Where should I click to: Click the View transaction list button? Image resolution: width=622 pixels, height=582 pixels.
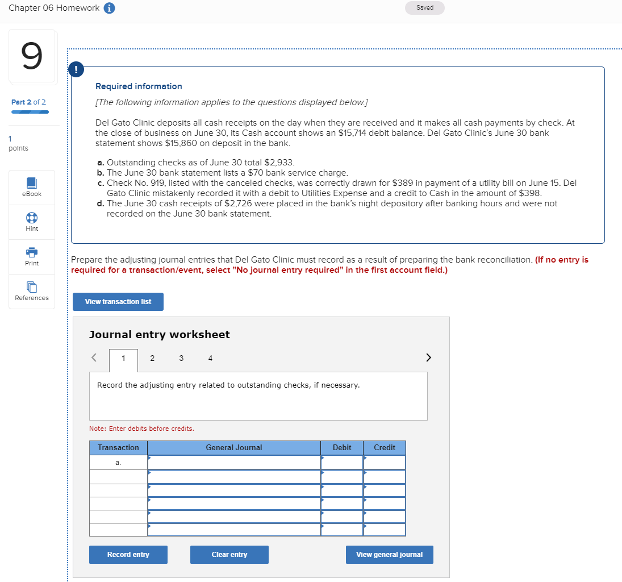point(118,302)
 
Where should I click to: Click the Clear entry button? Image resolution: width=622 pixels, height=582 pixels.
point(229,555)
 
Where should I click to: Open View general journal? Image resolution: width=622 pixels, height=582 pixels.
point(389,555)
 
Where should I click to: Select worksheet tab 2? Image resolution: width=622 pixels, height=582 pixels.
point(152,358)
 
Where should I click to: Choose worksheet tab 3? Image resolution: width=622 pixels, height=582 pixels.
point(181,358)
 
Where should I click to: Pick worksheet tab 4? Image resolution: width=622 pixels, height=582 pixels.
point(210,358)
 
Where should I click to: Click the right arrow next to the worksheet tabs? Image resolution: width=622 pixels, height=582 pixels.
point(428,357)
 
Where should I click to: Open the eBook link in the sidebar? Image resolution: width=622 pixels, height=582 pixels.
point(32,187)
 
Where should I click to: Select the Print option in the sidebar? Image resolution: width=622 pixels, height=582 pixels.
point(32,256)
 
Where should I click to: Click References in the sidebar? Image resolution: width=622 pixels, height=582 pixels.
point(32,291)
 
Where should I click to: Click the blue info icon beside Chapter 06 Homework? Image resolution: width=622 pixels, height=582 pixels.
point(110,8)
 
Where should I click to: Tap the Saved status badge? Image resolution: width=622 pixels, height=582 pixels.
point(424,8)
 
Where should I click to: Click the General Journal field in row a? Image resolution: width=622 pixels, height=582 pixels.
point(234,463)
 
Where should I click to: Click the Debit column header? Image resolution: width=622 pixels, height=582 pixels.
point(342,448)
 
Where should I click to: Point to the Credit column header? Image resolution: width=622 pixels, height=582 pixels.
point(385,448)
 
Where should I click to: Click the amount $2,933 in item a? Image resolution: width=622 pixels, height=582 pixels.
point(279,163)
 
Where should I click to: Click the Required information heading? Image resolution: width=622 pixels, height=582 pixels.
point(139,86)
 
